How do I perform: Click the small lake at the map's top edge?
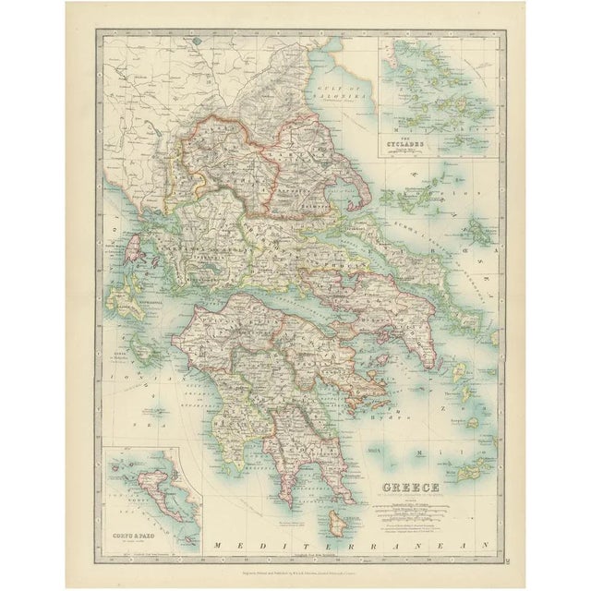[193, 42]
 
